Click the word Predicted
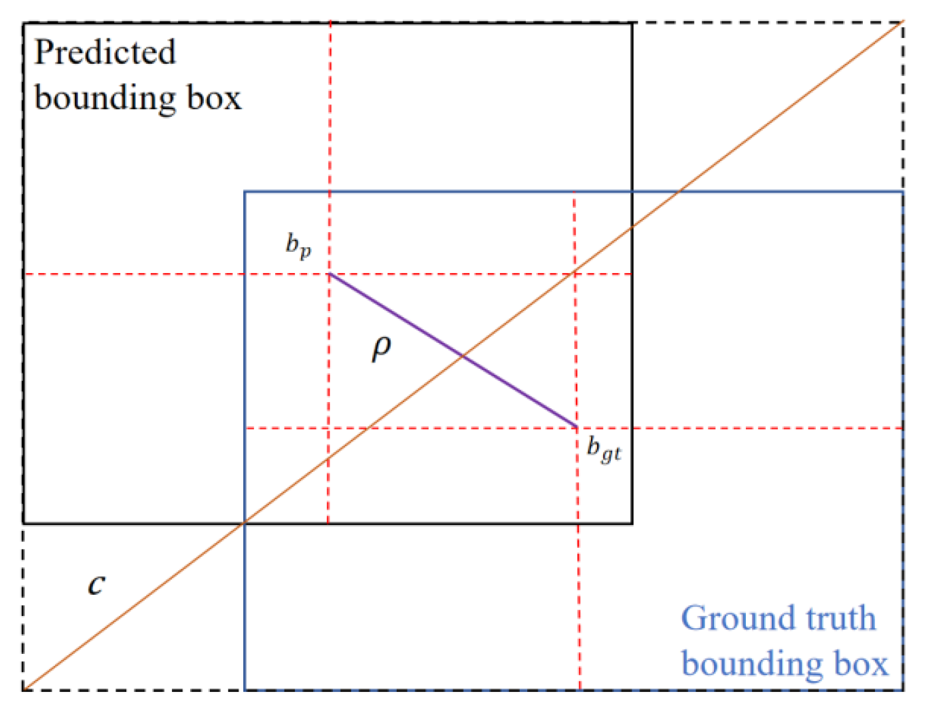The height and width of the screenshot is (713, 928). [x=105, y=52]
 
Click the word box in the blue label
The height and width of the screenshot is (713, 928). [x=861, y=663]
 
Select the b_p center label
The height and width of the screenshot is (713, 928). [x=298, y=245]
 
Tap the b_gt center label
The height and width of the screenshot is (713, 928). [x=603, y=450]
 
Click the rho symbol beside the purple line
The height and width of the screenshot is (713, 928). [x=381, y=348]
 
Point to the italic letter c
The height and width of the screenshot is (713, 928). [x=96, y=583]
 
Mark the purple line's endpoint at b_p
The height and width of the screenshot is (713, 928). [x=330, y=274]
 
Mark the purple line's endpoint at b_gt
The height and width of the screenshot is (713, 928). [x=576, y=427]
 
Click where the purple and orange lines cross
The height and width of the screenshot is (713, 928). [x=463, y=356]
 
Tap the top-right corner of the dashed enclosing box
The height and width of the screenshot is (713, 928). [x=903, y=22]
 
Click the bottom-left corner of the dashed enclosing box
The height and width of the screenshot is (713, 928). [x=23, y=690]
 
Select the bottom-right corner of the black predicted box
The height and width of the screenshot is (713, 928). [x=632, y=523]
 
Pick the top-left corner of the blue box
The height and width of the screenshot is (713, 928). [x=245, y=192]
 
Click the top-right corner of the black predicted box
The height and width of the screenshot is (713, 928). [x=632, y=24]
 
